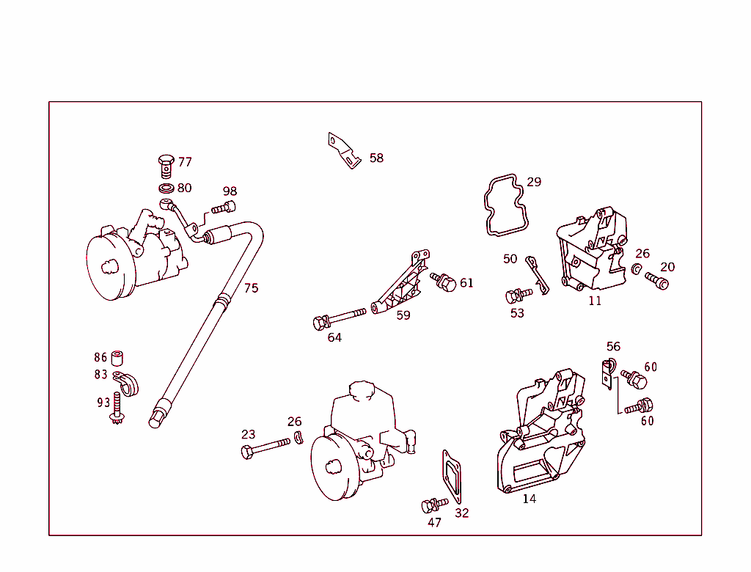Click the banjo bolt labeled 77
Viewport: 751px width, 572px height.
coord(166,165)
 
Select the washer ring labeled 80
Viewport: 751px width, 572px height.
coord(166,189)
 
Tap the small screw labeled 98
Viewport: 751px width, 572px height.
coord(224,208)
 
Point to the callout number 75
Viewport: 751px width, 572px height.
coord(251,288)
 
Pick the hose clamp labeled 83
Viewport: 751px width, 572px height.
coord(126,383)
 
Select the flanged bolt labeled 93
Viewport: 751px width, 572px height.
coord(116,409)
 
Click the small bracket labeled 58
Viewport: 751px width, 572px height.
coord(343,150)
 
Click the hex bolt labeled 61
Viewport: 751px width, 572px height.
coord(444,282)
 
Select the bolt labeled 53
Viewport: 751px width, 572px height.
coord(518,295)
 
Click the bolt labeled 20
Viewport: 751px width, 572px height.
coord(657,280)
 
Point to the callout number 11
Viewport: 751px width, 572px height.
coord(595,301)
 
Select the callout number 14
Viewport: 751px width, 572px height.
coord(529,499)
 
